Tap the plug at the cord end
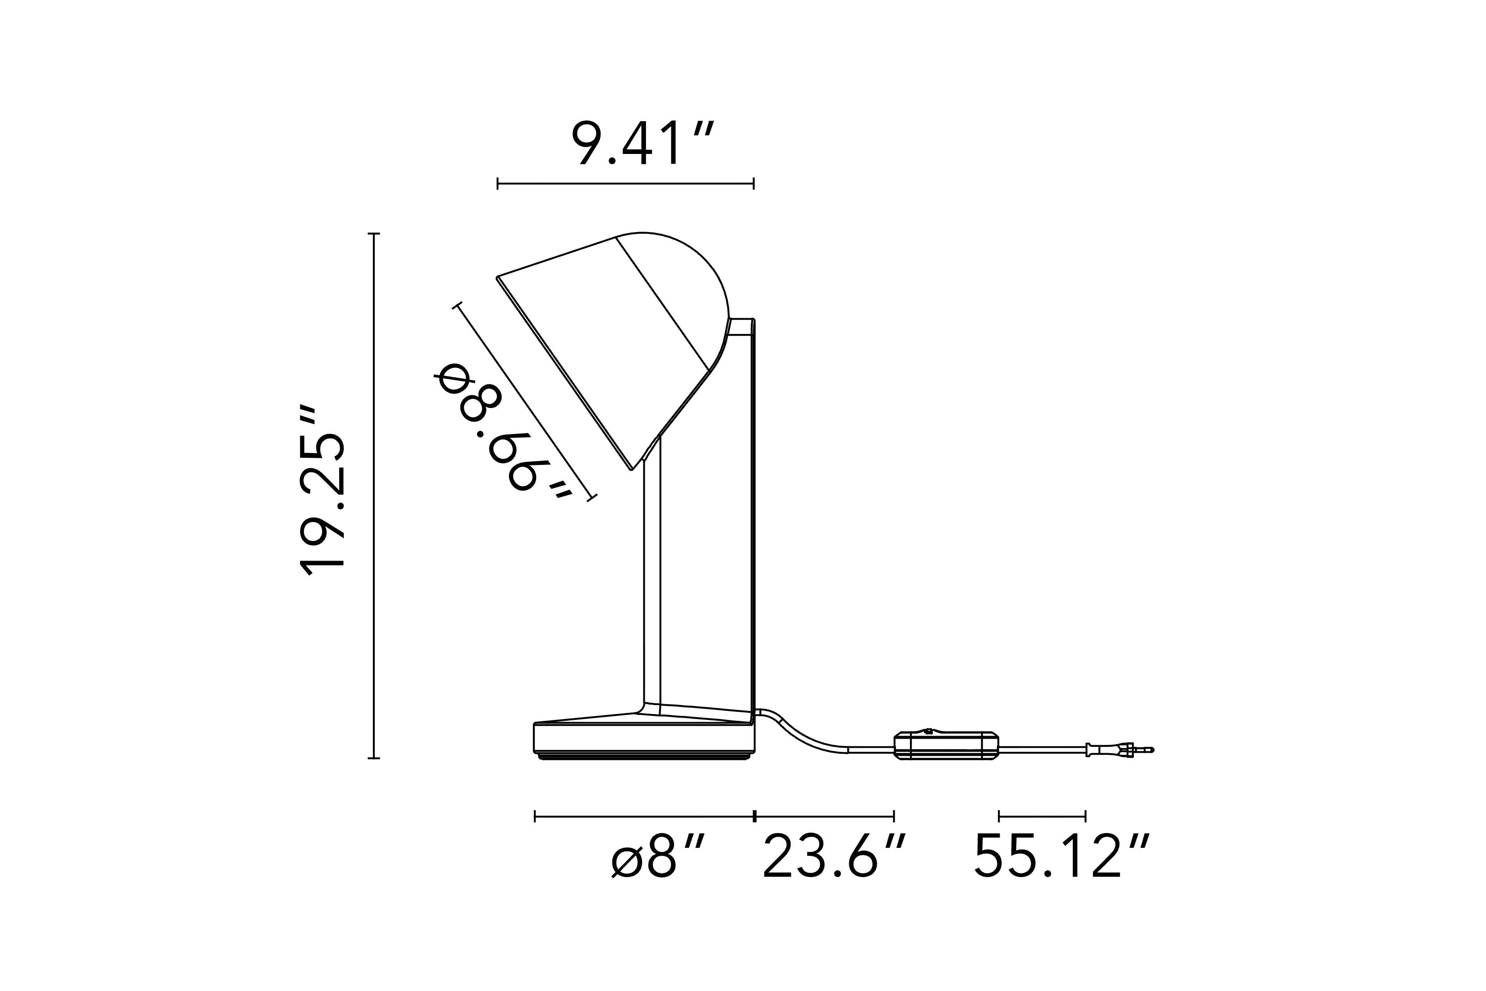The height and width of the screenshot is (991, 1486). [x=1119, y=750]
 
